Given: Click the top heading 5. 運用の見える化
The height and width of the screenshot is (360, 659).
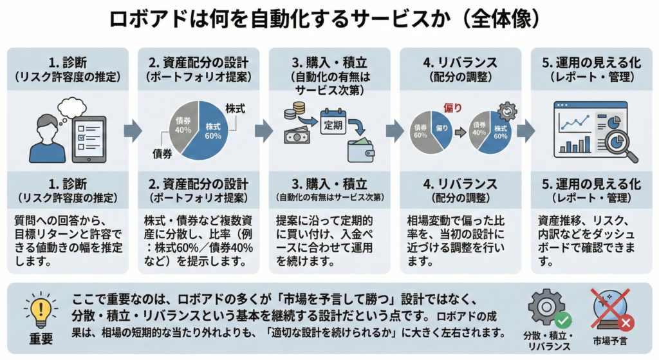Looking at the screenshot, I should coord(591,62).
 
